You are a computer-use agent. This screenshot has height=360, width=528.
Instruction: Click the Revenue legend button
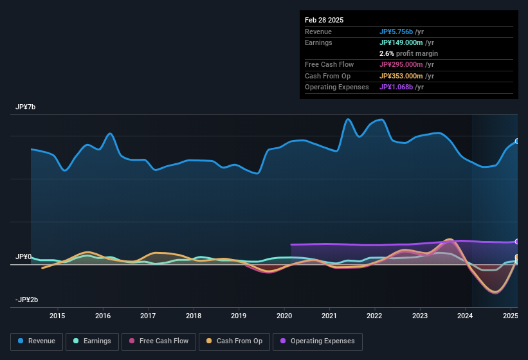coord(37,341)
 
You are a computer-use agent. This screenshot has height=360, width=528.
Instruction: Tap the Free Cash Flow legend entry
coord(159,341)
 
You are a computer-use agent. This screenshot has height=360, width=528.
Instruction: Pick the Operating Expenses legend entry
coord(318,341)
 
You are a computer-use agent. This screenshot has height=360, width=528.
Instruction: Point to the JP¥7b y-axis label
coord(26,107)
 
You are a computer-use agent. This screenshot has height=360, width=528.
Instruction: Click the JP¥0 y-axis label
coord(23,256)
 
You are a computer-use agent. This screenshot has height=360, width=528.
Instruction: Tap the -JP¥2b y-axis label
coord(26,300)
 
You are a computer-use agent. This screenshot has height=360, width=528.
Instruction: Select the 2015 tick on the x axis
coord(57,316)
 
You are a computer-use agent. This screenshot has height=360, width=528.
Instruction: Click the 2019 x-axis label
coord(239,316)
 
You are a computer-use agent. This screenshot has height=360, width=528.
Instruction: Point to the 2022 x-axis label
coord(374,316)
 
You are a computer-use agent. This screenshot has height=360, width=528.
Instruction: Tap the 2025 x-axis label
coord(510,316)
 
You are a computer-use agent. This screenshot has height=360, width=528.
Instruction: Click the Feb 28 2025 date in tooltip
coord(324,20)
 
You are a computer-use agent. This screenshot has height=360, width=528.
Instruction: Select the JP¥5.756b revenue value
coord(396,32)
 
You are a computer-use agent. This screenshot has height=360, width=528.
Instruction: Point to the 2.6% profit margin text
coord(408,53)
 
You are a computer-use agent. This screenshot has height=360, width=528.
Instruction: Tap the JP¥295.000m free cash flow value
coord(401,64)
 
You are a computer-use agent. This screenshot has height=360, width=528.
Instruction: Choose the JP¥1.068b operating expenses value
coord(396,87)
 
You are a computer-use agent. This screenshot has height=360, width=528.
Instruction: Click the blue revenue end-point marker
coord(516,141)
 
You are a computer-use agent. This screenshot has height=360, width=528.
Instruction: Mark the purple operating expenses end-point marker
coord(516,242)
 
